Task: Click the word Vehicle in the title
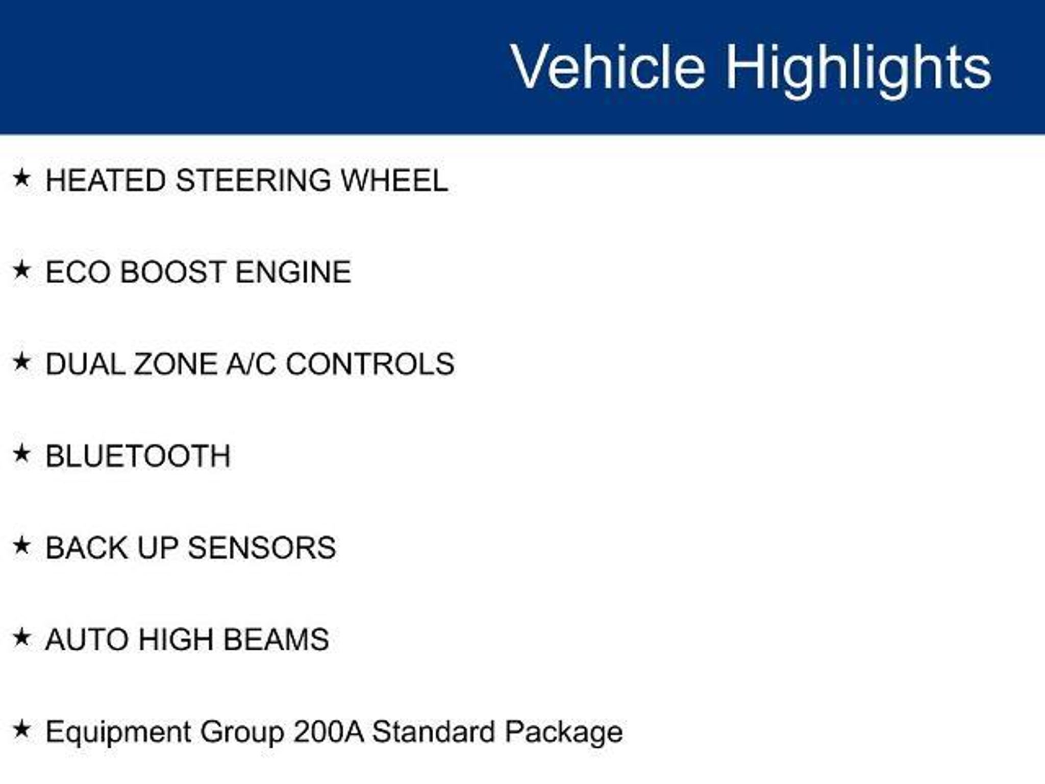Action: [608, 67]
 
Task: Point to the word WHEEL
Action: [394, 181]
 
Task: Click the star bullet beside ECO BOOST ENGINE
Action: [21, 270]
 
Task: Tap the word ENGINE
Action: [293, 272]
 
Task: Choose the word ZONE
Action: [175, 364]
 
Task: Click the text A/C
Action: [251, 364]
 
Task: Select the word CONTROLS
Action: [370, 364]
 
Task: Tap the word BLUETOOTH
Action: [138, 456]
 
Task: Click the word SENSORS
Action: [262, 548]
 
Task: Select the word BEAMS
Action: [276, 640]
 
